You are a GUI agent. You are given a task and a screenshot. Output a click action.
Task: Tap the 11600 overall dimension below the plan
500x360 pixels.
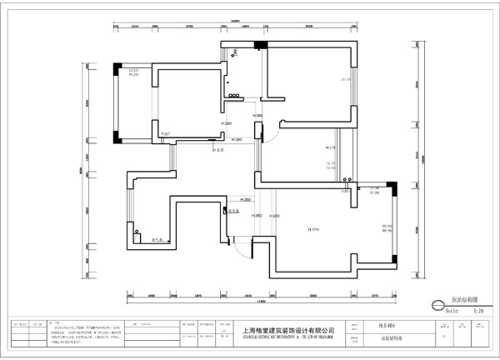click(261, 301)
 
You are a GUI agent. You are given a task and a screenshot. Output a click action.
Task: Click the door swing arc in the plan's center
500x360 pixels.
click(259, 131)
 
